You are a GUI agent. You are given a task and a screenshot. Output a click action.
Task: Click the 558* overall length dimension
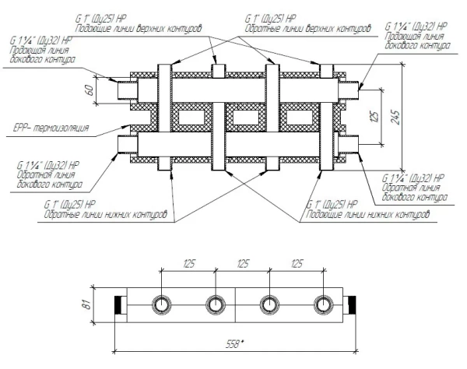pos(235,345)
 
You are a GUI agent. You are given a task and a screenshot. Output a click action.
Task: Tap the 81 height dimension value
pos(88,305)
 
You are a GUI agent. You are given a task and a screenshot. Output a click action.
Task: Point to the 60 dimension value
pos(90,90)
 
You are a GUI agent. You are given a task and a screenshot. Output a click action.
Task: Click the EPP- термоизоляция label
pos(51,128)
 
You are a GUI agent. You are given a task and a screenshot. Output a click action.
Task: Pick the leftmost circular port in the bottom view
pos(161,305)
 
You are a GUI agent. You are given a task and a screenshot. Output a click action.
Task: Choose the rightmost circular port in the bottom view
pos(324,305)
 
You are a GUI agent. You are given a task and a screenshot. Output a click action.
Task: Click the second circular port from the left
pos(216,305)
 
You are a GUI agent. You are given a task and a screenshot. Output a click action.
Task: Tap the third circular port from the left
pos(269,305)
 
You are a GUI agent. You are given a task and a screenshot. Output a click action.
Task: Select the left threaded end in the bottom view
pos(121,305)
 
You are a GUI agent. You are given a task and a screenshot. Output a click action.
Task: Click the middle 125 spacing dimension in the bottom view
pos(243,264)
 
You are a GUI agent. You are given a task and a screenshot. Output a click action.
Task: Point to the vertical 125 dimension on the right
pos(375,117)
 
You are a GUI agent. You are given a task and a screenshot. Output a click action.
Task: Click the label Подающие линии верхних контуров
pos(139,29)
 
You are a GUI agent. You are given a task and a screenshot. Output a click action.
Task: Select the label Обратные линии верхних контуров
pos(307,29)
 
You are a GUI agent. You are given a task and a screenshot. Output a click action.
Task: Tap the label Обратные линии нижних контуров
pos(105,214)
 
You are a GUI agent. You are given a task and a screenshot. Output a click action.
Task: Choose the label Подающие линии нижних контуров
pos(367,214)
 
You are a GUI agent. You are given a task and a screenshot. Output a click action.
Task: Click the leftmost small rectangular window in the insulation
pos(191,118)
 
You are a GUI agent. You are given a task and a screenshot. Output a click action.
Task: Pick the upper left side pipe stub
pos(128,90)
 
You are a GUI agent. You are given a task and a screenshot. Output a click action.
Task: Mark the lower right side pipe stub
pos(349,144)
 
